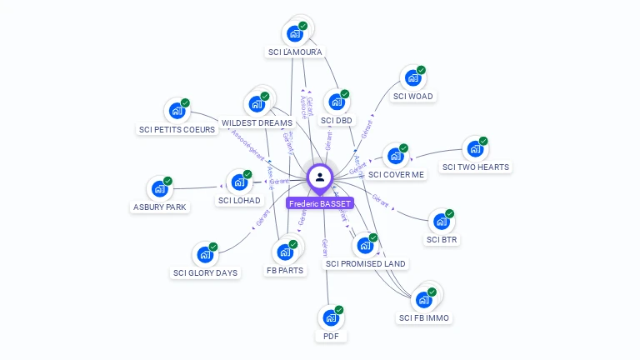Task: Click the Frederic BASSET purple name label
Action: pos(320,203)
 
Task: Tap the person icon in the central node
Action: pos(320,177)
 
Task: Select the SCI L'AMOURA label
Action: pos(295,52)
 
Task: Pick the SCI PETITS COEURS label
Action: pos(177,129)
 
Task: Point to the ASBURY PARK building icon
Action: pos(159,189)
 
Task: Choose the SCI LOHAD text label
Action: pos(239,200)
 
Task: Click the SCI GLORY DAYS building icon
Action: pos(204,255)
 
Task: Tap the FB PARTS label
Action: pos(285,270)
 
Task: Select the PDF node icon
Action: pos(330,318)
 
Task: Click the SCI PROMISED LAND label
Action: pos(366,264)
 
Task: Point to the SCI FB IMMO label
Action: pos(424,317)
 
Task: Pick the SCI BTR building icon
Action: pos(441,222)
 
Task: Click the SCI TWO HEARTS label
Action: pos(475,167)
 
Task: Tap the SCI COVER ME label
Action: pos(396,174)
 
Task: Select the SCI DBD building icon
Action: pos(336,102)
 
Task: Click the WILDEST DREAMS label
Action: pos(257,123)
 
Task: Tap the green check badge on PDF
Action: pos(339,310)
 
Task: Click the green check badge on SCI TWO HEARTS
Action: pos(483,141)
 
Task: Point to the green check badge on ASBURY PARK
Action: pos(167,181)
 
